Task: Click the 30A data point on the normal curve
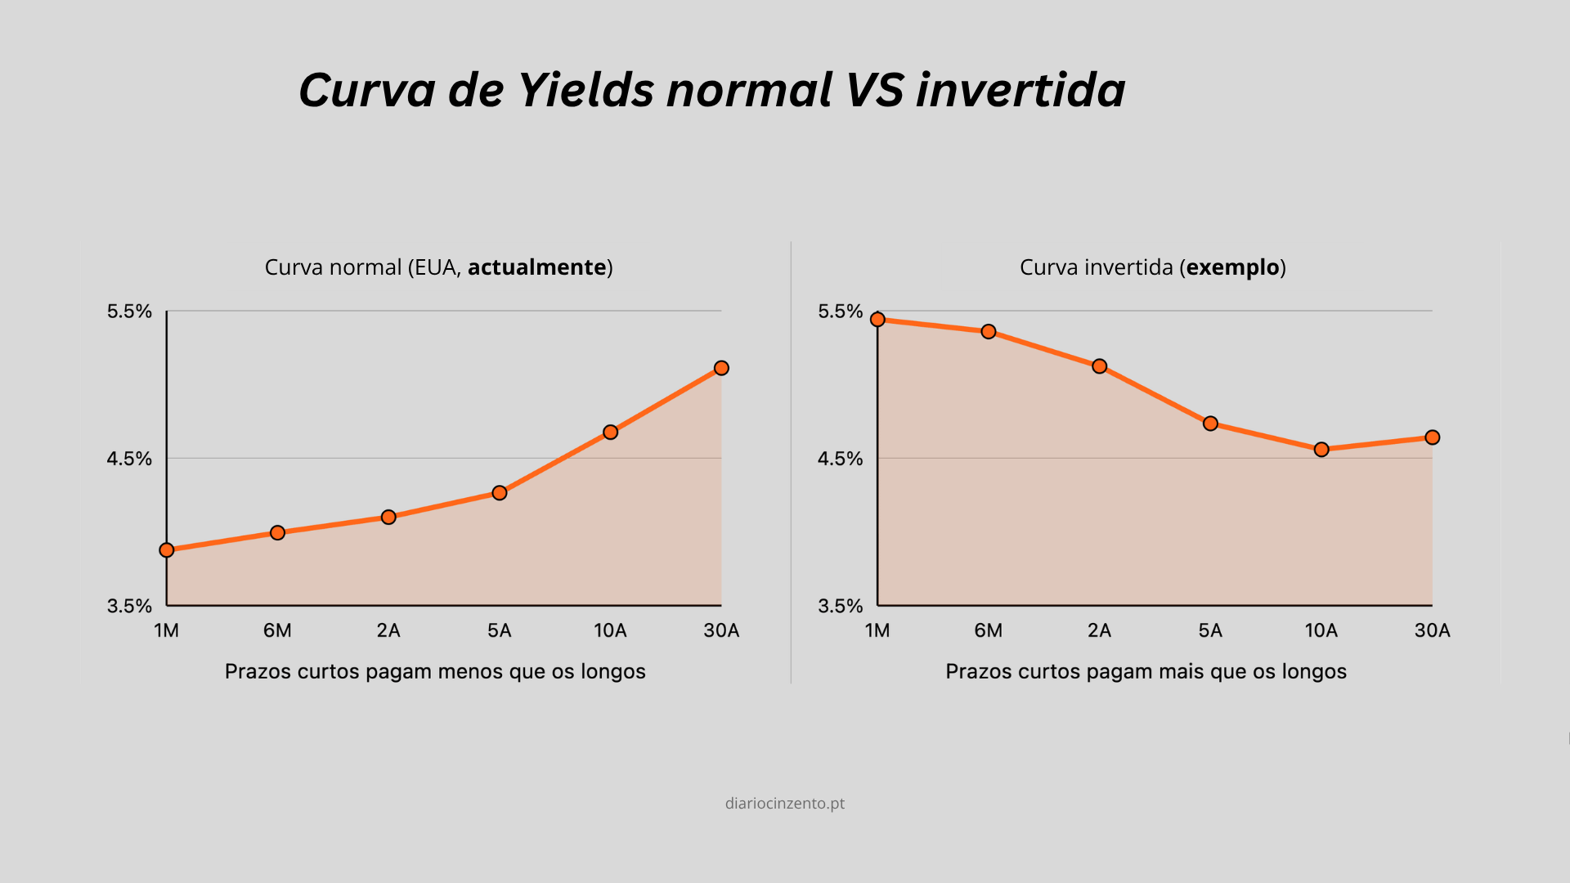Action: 721,368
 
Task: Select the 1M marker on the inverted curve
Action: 877,319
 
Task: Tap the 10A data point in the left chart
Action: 610,432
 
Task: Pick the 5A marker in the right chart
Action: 1210,424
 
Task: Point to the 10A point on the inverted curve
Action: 1321,449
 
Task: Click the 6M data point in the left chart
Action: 277,532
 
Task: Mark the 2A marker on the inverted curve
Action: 1100,366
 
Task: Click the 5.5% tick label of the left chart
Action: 129,312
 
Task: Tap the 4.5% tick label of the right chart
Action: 841,459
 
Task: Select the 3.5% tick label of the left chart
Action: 129,606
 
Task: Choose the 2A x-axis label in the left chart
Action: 388,630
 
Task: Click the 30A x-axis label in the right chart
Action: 1433,630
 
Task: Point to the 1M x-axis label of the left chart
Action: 167,630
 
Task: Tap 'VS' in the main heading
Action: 875,89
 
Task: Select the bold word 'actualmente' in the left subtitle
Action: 537,267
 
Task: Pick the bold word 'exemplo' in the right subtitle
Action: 1233,268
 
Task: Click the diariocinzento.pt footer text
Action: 785,804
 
